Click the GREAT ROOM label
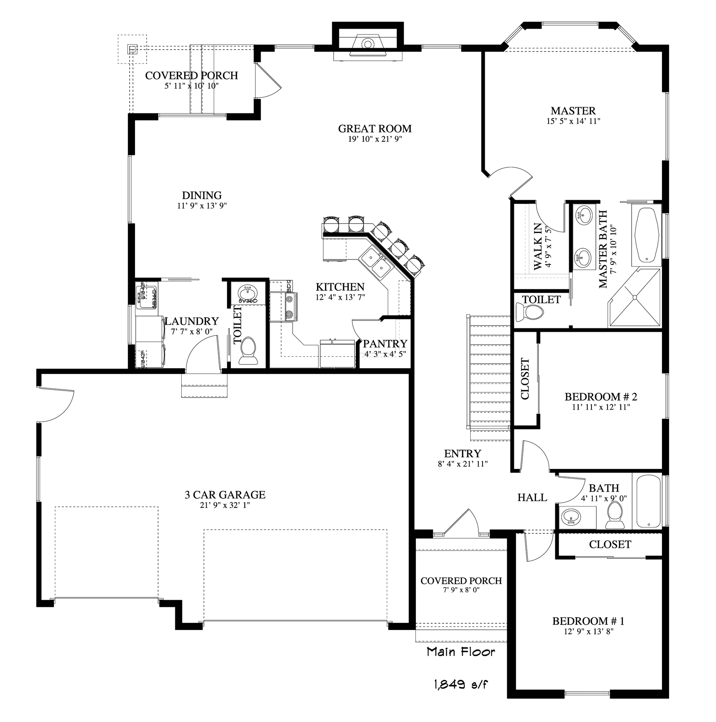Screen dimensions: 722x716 (375, 129)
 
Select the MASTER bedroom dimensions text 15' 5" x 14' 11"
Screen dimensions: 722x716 (573, 121)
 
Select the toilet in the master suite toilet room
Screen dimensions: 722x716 (529, 311)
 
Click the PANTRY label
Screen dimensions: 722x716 (385, 343)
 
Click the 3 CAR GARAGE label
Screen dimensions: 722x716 (225, 495)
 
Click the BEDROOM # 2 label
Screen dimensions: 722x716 (600, 397)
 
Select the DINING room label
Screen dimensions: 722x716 (201, 195)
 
